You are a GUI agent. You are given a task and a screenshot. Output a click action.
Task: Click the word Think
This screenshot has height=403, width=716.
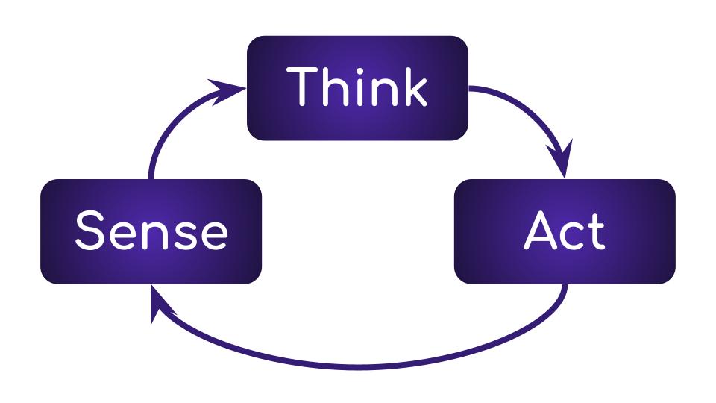click(x=358, y=87)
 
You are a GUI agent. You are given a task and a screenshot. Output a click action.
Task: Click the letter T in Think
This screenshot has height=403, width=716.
click(x=303, y=87)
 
